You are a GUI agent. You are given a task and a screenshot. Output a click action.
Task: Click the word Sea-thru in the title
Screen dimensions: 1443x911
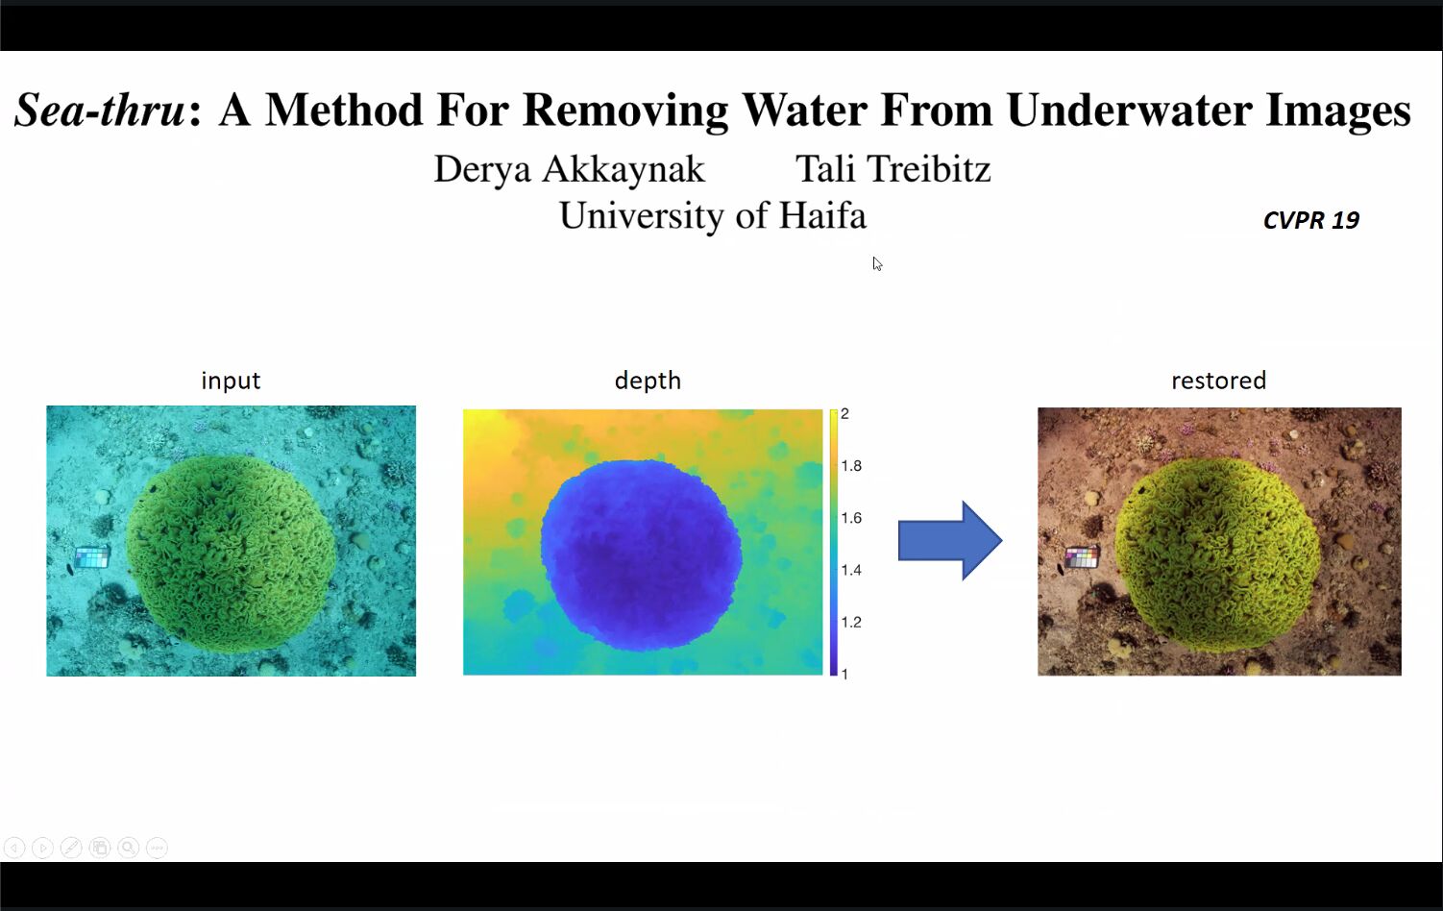[99, 110]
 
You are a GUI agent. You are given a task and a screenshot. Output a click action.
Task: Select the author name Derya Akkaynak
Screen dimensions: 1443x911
[569, 169]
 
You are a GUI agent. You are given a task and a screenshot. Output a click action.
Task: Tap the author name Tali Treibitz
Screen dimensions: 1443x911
[893, 169]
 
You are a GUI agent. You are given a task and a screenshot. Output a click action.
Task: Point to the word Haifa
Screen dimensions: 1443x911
[822, 215]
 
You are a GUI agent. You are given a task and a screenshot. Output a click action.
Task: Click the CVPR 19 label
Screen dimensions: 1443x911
[1311, 220]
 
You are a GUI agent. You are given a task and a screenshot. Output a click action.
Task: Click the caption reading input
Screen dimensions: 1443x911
[231, 381]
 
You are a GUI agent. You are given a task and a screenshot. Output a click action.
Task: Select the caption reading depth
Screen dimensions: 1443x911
[648, 381]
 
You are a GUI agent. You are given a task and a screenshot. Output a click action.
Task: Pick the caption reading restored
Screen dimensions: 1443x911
[1218, 381]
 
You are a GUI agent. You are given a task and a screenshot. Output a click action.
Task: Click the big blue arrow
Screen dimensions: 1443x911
[950, 540]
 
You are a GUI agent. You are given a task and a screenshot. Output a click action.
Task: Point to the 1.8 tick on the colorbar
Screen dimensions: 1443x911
[851, 466]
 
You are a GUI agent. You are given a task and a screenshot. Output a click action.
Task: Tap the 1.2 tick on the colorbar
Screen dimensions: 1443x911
[851, 623]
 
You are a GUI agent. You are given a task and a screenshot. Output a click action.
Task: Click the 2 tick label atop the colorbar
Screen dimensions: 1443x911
[845, 413]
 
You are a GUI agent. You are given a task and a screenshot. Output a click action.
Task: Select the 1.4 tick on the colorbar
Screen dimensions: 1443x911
[851, 570]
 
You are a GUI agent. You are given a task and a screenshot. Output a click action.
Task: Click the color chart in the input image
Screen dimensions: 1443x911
[92, 557]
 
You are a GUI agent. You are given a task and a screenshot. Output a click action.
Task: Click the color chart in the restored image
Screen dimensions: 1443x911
[1082, 557]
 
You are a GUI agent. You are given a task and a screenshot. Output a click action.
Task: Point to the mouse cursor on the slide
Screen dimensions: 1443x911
[877, 263]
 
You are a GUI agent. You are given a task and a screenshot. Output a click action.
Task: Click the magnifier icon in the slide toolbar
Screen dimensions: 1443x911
[128, 848]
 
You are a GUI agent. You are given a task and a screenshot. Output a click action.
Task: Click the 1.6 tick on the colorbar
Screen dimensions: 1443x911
[851, 518]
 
